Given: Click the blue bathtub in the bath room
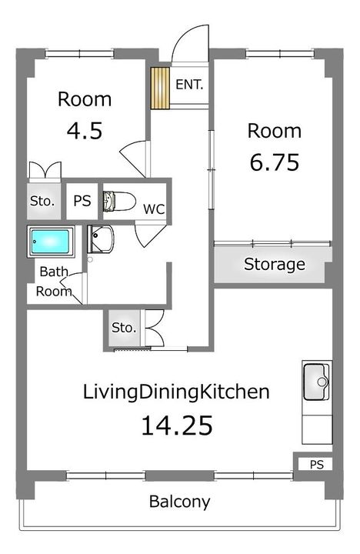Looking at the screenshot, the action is click(50, 242).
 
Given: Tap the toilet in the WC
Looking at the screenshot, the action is click(119, 202).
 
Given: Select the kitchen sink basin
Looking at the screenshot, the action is click(317, 382).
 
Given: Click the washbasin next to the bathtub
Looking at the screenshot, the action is click(101, 239).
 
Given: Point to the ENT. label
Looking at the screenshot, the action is click(189, 85).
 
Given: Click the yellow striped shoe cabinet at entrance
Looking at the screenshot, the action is click(160, 88).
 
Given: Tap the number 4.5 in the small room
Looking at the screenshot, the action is click(85, 131).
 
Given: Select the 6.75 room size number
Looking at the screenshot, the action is click(274, 162).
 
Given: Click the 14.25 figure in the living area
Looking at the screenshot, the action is click(177, 426).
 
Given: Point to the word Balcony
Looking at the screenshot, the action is click(179, 502).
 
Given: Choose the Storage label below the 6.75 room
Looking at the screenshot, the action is click(275, 264).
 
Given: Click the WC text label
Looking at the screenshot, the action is click(154, 209).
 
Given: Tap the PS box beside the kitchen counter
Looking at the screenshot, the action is click(316, 464).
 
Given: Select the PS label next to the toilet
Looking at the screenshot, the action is click(82, 201).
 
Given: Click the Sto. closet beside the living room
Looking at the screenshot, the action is click(124, 328).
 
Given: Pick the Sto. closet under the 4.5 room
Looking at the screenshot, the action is click(43, 202).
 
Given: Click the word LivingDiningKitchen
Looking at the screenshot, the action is click(176, 392).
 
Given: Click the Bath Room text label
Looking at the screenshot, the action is click(54, 282).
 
